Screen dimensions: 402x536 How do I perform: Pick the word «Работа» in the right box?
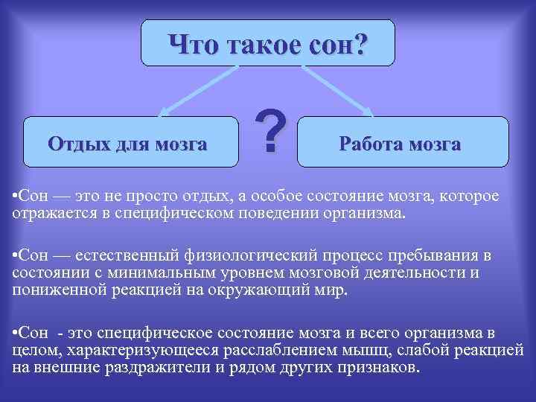point(371,143)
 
